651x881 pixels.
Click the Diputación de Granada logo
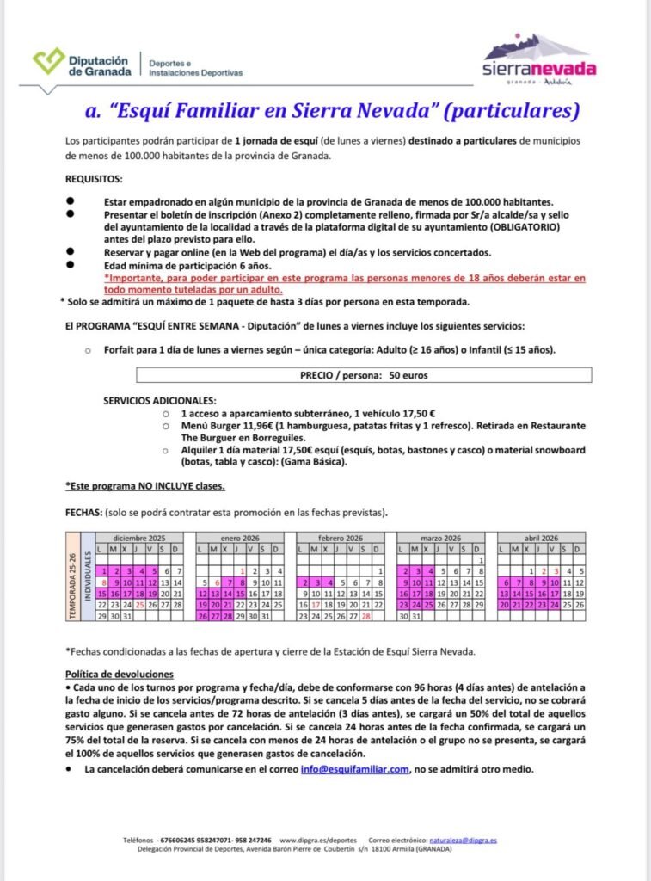(x=81, y=62)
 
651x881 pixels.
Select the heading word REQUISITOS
(x=94, y=180)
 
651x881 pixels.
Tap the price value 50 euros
(x=408, y=375)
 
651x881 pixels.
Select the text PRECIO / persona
(x=336, y=375)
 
